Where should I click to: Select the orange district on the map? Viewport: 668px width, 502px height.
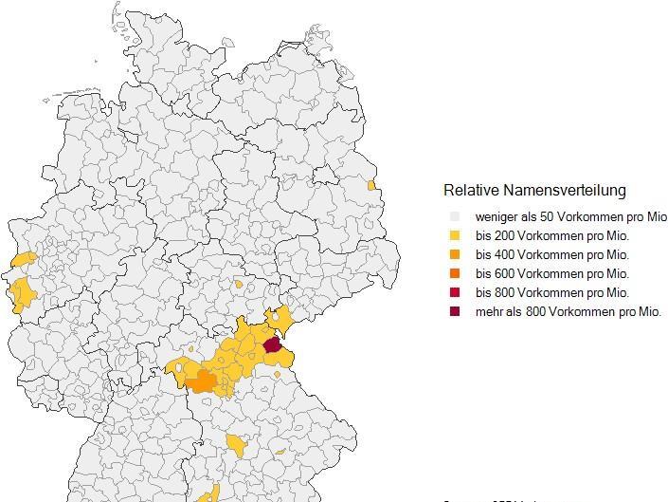[x=202, y=382]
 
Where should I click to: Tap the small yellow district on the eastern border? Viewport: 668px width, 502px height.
[x=371, y=185]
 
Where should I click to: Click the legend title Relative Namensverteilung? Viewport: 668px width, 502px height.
[x=534, y=190]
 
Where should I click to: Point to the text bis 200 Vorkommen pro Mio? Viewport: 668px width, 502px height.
[x=552, y=236]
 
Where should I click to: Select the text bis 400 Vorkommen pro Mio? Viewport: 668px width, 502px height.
[x=552, y=254]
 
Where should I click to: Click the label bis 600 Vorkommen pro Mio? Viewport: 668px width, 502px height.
[x=552, y=273]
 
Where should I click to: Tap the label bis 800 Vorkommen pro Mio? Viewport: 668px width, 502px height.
[x=552, y=292]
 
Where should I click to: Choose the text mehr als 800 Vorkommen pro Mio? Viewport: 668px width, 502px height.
[x=568, y=311]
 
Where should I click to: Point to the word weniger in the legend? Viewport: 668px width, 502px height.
[x=496, y=217]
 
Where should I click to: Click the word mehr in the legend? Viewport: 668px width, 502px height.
[x=489, y=311]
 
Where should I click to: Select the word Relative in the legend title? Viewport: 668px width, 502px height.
[x=471, y=190]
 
